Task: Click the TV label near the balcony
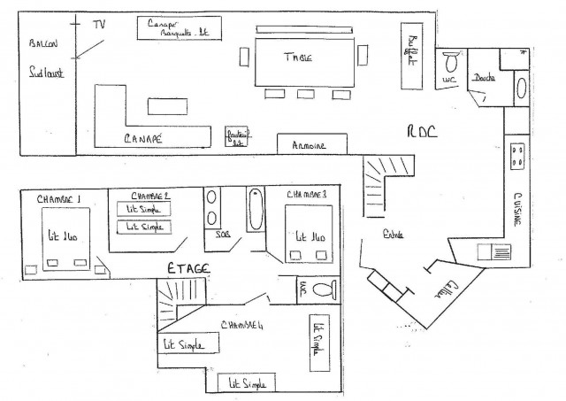click(x=99, y=25)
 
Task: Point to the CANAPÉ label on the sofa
click(x=143, y=137)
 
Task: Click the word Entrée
click(x=393, y=235)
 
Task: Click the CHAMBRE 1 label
click(x=59, y=200)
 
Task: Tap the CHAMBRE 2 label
click(x=149, y=196)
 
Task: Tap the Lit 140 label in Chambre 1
click(x=65, y=235)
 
